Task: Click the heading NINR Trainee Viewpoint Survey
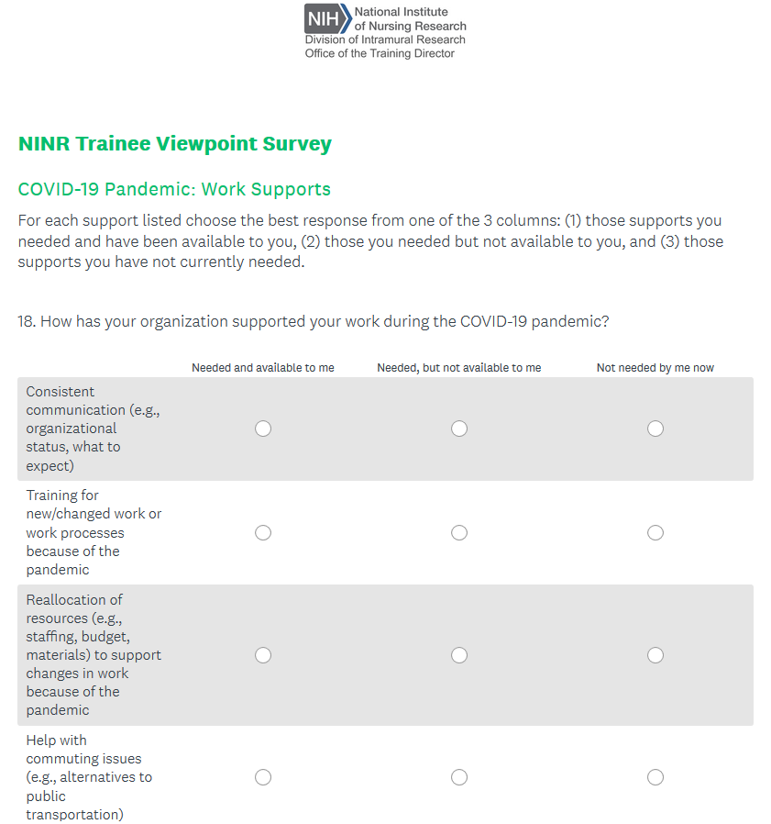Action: tap(174, 144)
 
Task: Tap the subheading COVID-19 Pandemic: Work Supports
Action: tap(174, 190)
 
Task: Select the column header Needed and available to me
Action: tap(263, 368)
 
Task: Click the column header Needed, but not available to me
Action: tap(458, 368)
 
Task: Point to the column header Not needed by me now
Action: tap(655, 368)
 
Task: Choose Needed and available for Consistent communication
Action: tap(263, 429)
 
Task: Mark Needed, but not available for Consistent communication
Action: tap(459, 429)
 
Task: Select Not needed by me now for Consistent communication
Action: tap(655, 429)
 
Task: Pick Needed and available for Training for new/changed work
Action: tap(263, 533)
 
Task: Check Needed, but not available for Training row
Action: tap(459, 533)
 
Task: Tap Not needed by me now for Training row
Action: tap(655, 533)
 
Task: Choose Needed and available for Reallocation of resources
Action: tap(263, 655)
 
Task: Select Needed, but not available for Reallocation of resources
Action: tap(459, 655)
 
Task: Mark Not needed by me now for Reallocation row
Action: tap(655, 655)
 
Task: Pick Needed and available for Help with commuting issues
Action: tap(263, 777)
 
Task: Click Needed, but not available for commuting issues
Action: tap(459, 777)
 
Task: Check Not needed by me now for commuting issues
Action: tap(655, 777)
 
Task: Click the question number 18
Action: tap(27, 322)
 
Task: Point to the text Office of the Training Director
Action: tap(380, 53)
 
